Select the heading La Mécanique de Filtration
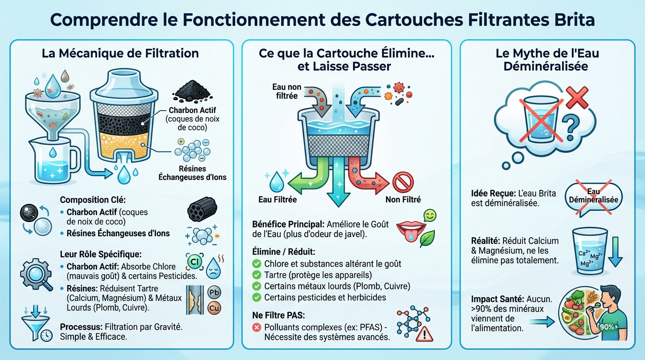120,53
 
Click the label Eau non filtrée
287,91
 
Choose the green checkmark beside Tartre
256,275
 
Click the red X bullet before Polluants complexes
256,327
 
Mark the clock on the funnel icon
46,336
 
